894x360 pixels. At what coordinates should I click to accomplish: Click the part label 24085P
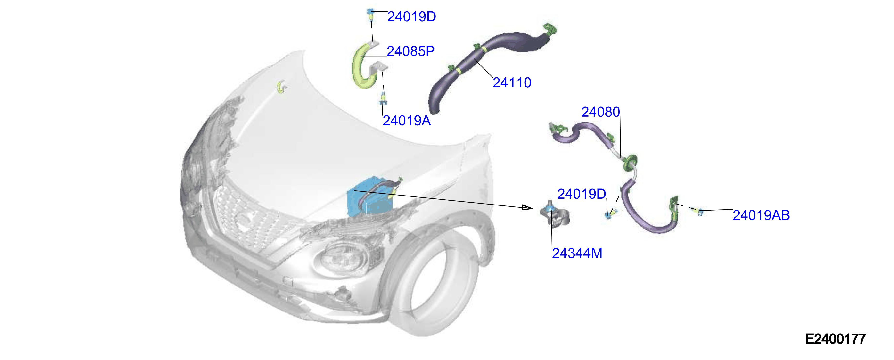click(410, 51)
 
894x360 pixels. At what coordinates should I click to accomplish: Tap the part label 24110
click(512, 83)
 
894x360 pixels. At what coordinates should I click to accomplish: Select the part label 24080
click(600, 112)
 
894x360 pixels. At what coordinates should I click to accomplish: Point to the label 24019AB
click(761, 215)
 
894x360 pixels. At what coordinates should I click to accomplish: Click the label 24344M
click(577, 254)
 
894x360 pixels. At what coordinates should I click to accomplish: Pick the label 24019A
click(406, 121)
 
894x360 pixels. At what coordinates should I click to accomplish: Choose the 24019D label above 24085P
click(412, 17)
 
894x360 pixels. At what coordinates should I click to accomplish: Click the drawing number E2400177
click(835, 339)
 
